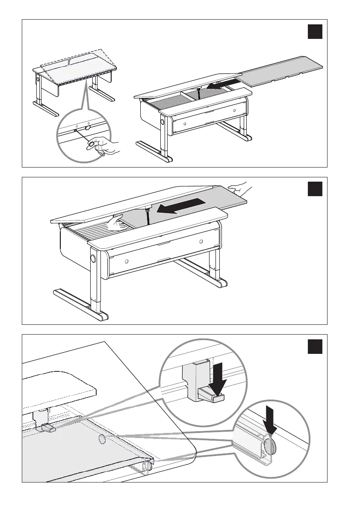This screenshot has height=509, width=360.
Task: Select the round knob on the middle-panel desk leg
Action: click(93, 259)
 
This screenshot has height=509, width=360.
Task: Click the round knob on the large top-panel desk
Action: click(163, 122)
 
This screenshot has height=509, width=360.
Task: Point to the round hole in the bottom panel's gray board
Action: click(102, 440)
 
